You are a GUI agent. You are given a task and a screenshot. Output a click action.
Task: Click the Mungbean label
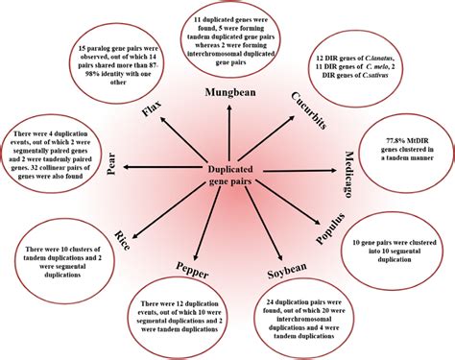tap(229, 91)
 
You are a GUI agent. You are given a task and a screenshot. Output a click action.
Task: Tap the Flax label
tap(150, 112)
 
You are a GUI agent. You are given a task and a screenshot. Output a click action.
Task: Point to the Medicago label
tap(351, 171)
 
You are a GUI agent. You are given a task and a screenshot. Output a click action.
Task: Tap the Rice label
tap(122, 239)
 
